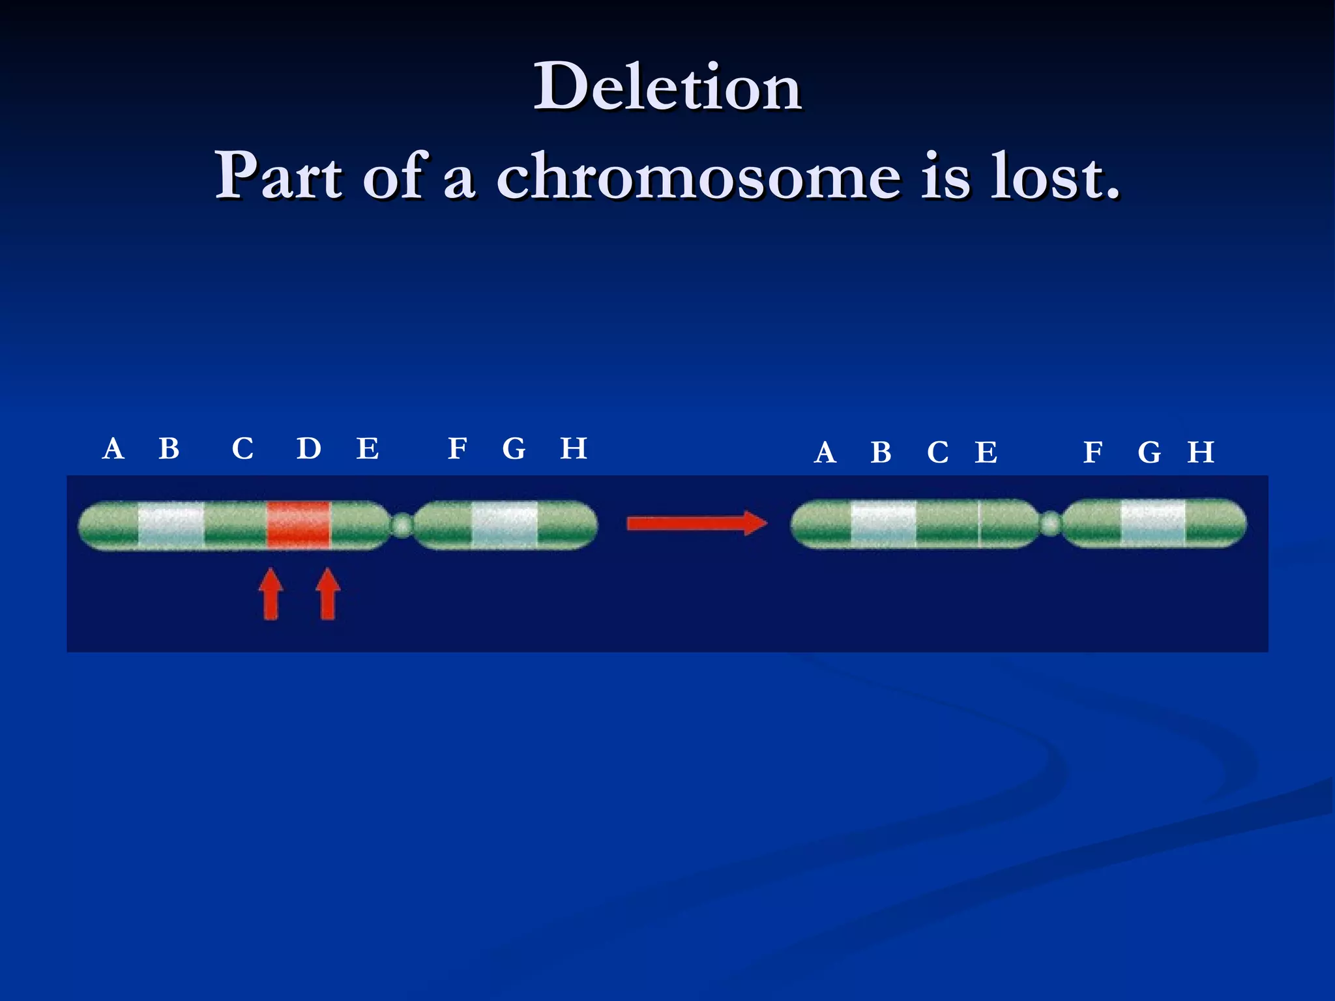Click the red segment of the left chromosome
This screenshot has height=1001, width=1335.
click(299, 525)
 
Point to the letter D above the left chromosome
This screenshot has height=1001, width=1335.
click(309, 448)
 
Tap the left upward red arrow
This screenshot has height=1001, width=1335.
click(271, 594)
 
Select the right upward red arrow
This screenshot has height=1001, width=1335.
click(328, 594)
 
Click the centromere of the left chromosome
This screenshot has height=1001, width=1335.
click(403, 525)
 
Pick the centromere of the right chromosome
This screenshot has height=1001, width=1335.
click(1049, 523)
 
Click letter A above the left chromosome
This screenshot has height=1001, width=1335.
click(113, 449)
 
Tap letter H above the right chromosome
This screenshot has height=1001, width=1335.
click(1200, 452)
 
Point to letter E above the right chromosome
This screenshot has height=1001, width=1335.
click(986, 452)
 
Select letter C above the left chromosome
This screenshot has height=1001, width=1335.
click(243, 449)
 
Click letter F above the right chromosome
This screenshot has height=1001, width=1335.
click(1093, 452)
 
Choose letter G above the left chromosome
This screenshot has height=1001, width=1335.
click(514, 449)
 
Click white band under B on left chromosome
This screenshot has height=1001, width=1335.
click(171, 525)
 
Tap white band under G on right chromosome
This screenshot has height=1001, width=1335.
click(1152, 523)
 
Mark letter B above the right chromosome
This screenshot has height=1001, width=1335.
click(881, 452)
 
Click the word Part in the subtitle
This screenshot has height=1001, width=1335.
click(279, 176)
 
